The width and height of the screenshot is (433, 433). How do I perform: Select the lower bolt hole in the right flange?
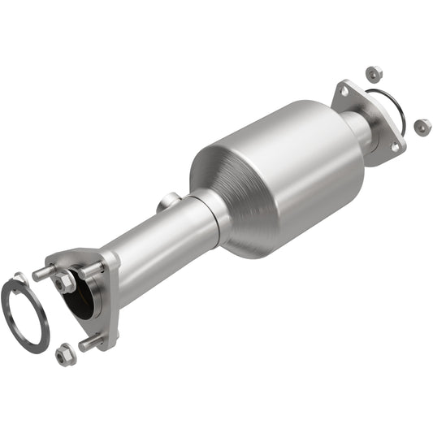(396, 147)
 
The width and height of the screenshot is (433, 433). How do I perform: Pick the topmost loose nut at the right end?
(374, 74)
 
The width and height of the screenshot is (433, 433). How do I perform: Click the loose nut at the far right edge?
(422, 127)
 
